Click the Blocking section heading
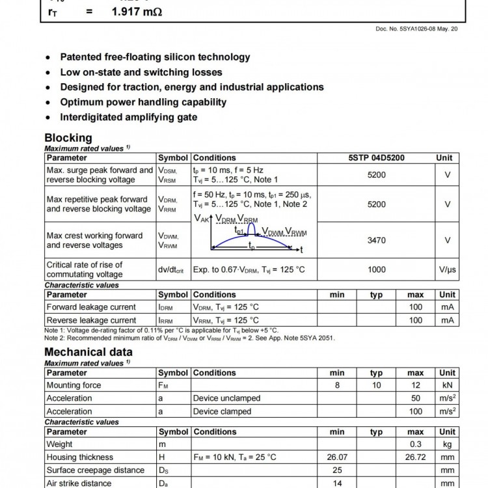68,138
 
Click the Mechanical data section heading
88,352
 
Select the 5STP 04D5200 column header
376,157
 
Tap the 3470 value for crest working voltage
376,240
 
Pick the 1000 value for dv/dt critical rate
376,269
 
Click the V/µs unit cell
447,269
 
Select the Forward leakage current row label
91,307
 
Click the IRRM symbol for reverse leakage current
166,320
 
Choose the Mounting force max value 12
415,385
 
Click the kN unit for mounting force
447,385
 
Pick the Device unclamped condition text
226,398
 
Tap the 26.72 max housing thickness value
415,457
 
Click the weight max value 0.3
415,444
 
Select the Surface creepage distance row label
96,470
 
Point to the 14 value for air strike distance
337,483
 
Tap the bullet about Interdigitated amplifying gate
129,117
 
